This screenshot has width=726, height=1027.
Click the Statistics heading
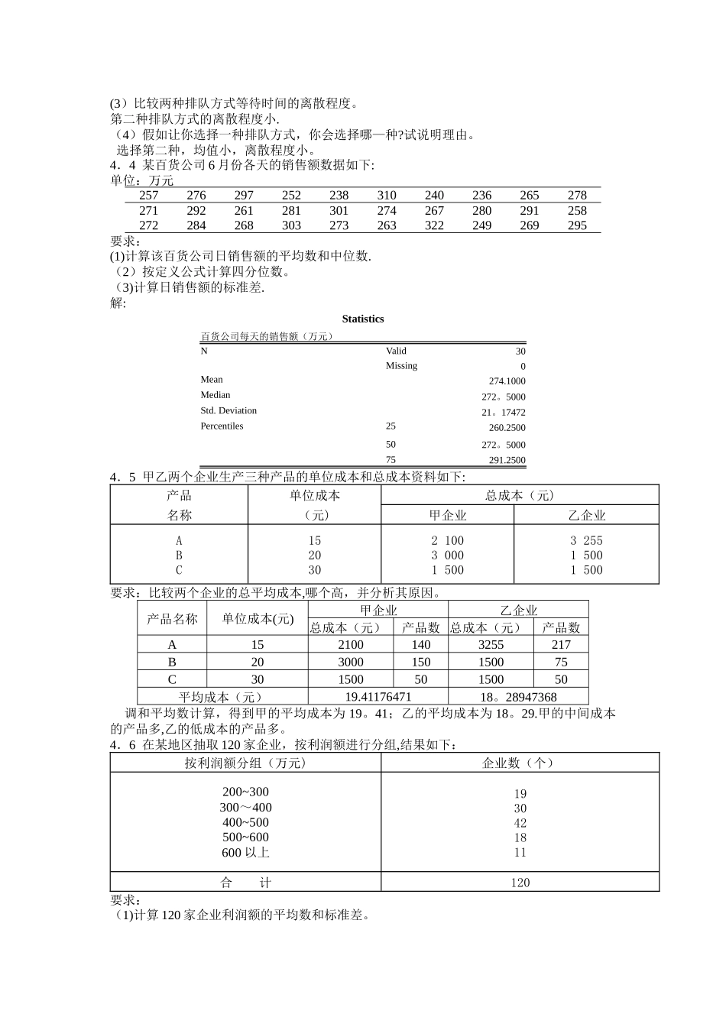(x=363, y=319)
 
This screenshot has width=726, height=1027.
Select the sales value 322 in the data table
(x=434, y=225)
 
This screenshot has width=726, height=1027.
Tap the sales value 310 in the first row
(x=387, y=196)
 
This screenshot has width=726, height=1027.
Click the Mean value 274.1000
(x=507, y=381)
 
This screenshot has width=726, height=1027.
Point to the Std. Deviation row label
(x=228, y=410)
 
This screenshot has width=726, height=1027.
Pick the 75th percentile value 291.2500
(x=507, y=460)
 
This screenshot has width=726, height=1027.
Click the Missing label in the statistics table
(x=401, y=366)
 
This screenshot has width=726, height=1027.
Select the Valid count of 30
(x=520, y=352)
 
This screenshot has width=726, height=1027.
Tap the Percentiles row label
(x=222, y=426)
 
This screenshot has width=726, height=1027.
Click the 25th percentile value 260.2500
(x=507, y=428)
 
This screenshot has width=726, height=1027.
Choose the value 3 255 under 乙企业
(x=586, y=540)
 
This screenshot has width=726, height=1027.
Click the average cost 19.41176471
(x=378, y=697)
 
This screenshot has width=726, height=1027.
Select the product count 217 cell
(x=561, y=645)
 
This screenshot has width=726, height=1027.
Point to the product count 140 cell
(x=420, y=645)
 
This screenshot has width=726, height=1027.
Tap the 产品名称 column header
(x=172, y=619)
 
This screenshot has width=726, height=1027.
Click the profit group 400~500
(x=245, y=822)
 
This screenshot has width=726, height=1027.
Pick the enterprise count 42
(x=520, y=823)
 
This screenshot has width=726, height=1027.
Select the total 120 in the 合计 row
(x=520, y=883)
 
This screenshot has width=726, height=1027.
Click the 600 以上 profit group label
(x=245, y=852)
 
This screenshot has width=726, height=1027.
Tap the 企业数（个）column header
(x=520, y=763)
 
